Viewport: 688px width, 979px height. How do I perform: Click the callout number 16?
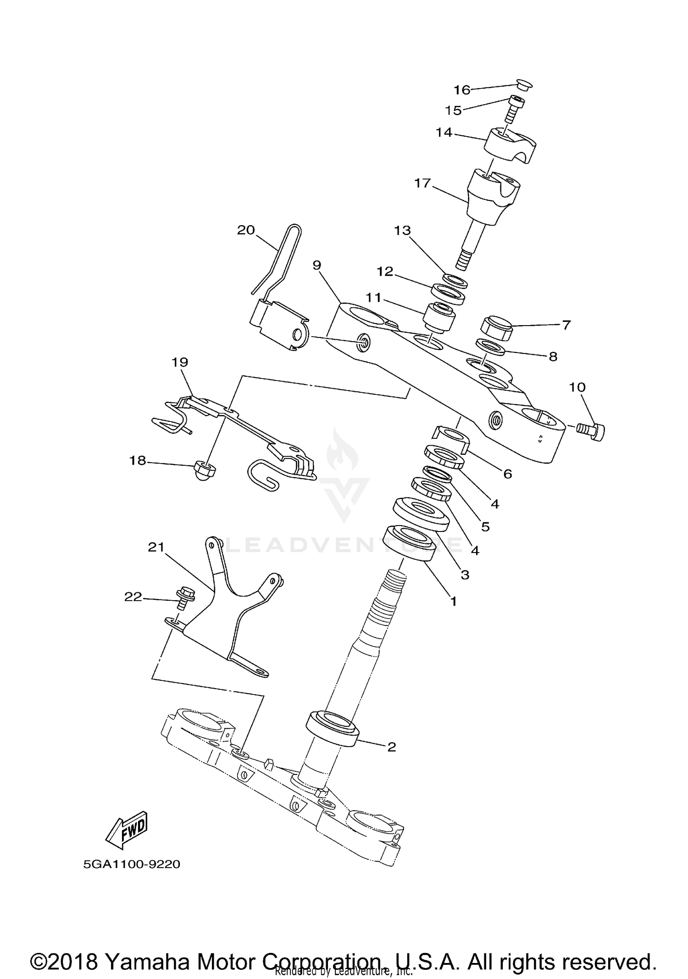click(462, 90)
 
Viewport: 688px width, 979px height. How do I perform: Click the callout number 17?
click(422, 183)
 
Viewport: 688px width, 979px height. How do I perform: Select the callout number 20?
click(246, 230)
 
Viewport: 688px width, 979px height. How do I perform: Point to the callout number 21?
click(156, 547)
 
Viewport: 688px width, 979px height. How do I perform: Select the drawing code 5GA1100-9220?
click(132, 864)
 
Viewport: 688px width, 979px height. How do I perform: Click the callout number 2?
click(391, 747)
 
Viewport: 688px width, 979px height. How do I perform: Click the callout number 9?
click(316, 265)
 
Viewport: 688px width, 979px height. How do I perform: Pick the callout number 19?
click(180, 362)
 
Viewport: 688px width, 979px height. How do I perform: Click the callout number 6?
click(507, 474)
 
